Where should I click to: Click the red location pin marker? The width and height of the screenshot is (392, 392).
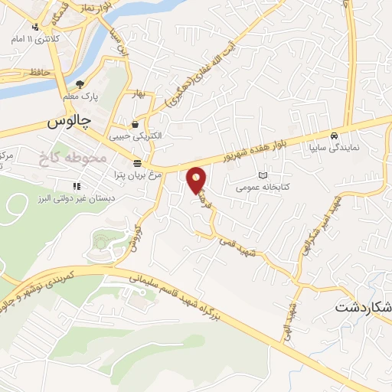(x=197, y=179)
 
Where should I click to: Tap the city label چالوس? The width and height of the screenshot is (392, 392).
(x=69, y=121)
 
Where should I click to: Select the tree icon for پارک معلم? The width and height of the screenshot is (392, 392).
(x=79, y=84)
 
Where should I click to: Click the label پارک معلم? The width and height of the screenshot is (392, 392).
(x=81, y=97)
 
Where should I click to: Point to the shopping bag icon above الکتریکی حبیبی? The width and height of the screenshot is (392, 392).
(x=136, y=125)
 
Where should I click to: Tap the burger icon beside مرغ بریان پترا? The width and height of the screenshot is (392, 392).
(x=137, y=163)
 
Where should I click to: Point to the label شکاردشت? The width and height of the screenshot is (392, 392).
(x=364, y=308)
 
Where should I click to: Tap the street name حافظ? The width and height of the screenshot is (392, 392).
(x=40, y=71)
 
